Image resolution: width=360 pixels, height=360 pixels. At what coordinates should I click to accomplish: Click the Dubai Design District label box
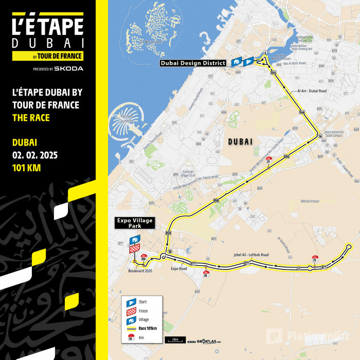(x=192, y=63)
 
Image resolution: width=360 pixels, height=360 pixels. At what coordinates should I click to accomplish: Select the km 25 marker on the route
(x=268, y=160)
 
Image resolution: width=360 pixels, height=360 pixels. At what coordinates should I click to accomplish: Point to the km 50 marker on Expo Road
(x=206, y=273)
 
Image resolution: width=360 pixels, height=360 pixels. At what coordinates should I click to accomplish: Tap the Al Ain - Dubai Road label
(x=312, y=91)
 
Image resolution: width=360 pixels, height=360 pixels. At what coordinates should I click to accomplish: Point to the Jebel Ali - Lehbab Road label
(x=251, y=255)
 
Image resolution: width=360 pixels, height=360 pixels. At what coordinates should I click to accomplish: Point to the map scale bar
(x=175, y=340)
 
